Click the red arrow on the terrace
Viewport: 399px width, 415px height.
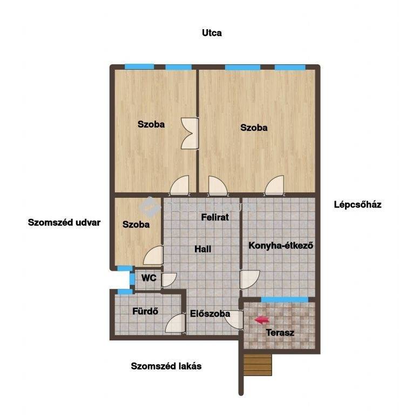pos(261,320)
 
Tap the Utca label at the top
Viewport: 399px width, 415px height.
pos(212,33)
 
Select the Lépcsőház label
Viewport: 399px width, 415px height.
pos(357,205)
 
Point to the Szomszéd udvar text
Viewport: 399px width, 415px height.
pos(64,223)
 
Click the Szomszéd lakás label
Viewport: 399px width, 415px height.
pos(166,366)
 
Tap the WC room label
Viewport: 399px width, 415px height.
pos(148,278)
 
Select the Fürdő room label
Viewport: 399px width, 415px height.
pos(145,311)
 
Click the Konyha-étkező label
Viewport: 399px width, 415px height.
pos(281,246)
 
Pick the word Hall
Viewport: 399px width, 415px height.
pos(203,249)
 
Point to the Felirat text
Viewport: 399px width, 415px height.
pos(215,217)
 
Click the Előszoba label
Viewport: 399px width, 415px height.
pos(210,313)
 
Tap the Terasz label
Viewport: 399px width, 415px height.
pos(280,332)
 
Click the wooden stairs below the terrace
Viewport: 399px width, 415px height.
pos(258,365)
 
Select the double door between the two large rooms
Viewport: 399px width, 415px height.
pos(190,133)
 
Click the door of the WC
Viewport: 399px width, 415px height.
pos(168,280)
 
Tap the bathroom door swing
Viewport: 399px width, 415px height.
pos(175,324)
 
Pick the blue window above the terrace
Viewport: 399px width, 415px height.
pos(285,299)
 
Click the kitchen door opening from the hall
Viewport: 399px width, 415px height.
pos(249,280)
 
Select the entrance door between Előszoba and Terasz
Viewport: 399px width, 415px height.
pos(234,320)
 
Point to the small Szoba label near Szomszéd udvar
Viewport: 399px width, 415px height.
pos(136,225)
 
